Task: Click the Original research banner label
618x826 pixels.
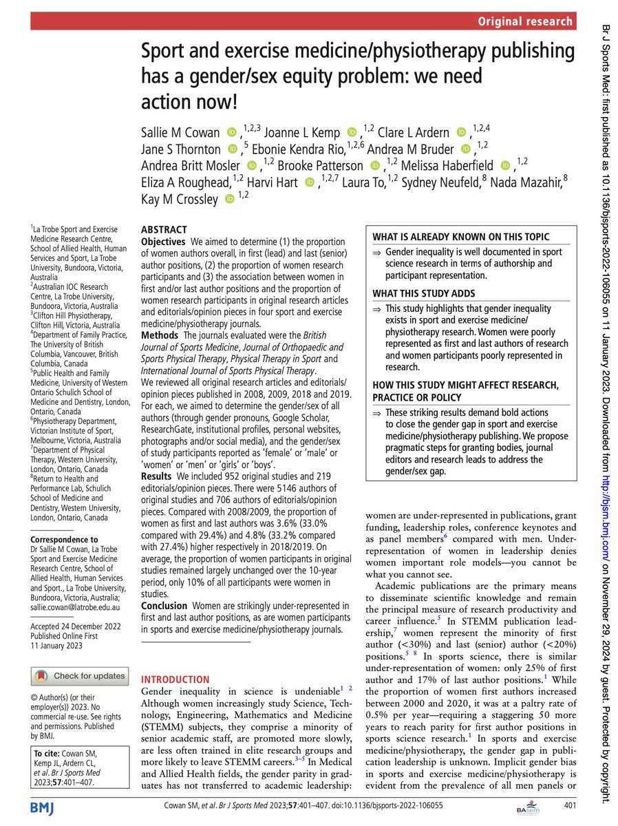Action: (526, 21)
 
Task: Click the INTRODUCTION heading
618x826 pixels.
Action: (175, 679)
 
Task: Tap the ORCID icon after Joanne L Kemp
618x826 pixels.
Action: (352, 131)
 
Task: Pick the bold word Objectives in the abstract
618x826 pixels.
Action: (163, 242)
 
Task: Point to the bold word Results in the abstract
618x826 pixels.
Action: (158, 476)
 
